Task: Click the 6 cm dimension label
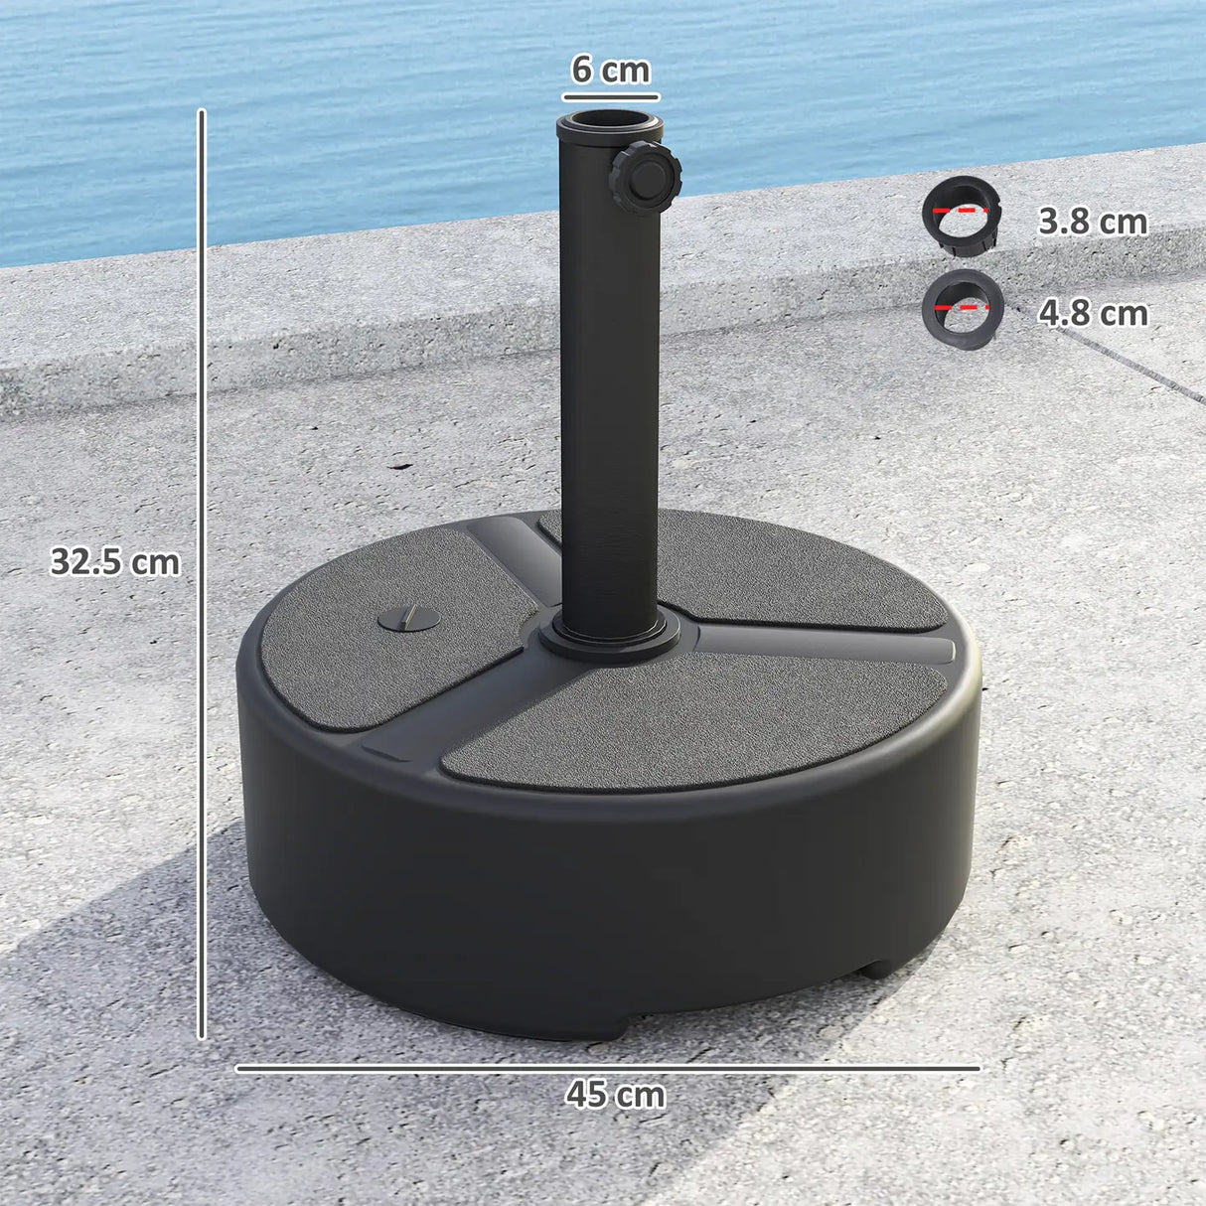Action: [610, 70]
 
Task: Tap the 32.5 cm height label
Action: [115, 562]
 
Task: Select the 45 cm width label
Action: [615, 1095]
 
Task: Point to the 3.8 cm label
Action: [1092, 222]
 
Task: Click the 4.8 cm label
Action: [1092, 314]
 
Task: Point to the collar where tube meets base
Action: [609, 640]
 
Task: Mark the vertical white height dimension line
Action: [202, 576]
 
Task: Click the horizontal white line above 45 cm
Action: [608, 1069]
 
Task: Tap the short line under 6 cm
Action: [610, 97]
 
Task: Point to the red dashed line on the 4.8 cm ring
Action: [961, 308]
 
